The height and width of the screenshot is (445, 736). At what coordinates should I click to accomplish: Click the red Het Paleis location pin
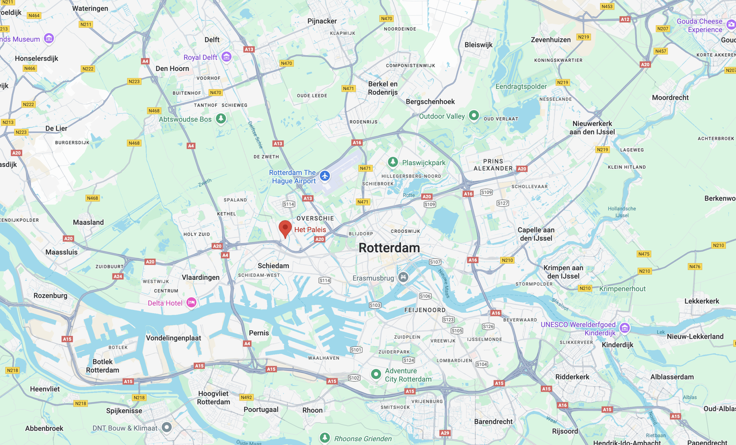285,228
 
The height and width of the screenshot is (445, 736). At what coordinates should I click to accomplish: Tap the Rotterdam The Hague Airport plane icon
325,176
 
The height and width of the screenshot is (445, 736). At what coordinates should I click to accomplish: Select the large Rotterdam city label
389,248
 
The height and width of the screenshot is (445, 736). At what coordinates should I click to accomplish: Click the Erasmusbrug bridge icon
403,277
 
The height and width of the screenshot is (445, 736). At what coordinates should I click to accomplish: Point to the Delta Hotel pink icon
191,303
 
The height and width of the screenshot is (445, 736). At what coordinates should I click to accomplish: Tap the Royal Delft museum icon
227,56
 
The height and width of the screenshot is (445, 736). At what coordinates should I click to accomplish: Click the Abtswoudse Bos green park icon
221,119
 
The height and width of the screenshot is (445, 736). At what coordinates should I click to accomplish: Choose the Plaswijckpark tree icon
393,162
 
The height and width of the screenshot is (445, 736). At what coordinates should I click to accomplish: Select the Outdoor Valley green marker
474,115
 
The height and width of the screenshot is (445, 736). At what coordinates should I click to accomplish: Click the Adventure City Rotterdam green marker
376,374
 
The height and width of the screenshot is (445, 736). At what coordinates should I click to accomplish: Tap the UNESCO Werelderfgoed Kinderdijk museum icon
624,328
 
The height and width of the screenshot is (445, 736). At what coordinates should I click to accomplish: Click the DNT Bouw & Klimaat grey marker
167,427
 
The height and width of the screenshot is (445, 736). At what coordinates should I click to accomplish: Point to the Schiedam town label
273,266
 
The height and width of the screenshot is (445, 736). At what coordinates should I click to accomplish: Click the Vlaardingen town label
200,277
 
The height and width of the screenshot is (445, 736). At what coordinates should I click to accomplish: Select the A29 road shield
445,433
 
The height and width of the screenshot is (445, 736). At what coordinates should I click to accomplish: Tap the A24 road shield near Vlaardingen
118,276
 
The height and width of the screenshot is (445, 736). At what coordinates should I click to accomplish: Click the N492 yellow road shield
246,397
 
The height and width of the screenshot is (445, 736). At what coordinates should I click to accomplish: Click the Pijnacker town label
322,21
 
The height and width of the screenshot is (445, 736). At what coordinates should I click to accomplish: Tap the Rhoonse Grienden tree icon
325,438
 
